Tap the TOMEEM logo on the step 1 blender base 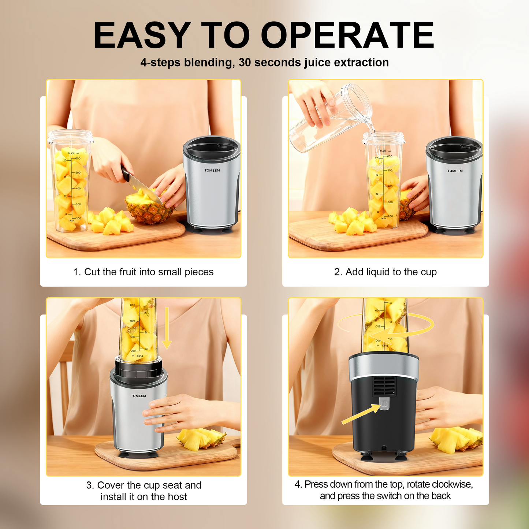pos(212,171)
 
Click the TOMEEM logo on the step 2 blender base pos(455,171)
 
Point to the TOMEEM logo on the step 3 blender pos(138,396)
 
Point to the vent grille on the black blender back pos(384,386)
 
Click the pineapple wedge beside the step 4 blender pos(456,439)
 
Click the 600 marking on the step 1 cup pos(78,159)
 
